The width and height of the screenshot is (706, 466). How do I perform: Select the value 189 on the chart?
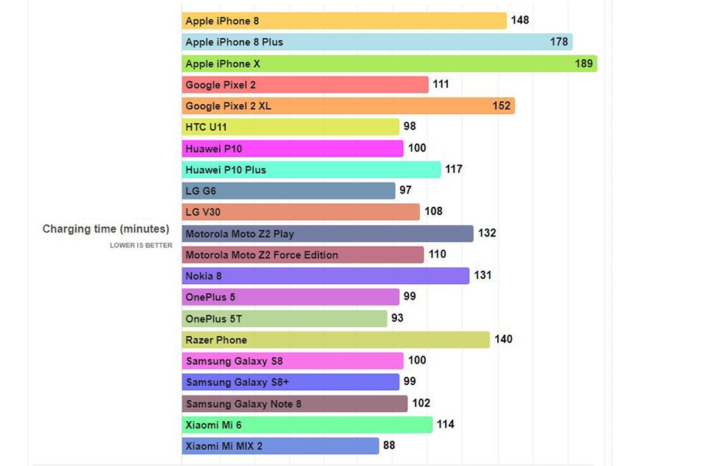pos(583,63)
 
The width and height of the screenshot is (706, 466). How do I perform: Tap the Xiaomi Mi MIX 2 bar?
pos(280,445)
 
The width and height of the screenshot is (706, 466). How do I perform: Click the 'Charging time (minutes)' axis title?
pos(106,229)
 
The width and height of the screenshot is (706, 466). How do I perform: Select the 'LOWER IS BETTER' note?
pos(141,245)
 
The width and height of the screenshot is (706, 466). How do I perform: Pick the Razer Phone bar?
pos(335,339)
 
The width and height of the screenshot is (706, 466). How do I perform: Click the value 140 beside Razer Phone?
pos(504,339)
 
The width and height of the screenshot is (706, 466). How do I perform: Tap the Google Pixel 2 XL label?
pos(228,106)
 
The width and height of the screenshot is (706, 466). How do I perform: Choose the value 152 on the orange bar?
pos(502,106)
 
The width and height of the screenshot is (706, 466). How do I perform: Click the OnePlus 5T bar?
pos(284,319)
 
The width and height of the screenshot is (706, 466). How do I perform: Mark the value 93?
pos(398,318)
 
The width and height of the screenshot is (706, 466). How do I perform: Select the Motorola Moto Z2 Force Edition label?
pos(262,255)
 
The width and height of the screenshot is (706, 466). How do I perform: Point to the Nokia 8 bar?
pos(325,276)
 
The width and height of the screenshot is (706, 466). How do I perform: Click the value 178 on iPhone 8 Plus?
pos(559,42)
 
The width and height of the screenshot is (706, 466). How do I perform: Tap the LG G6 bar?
pos(288,191)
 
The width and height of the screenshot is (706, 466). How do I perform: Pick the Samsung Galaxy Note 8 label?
pos(243,403)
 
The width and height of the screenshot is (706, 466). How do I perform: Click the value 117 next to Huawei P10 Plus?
pos(454,169)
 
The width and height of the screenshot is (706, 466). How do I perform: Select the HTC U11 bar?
pos(290,127)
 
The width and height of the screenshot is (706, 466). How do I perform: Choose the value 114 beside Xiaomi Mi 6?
pos(445,424)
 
